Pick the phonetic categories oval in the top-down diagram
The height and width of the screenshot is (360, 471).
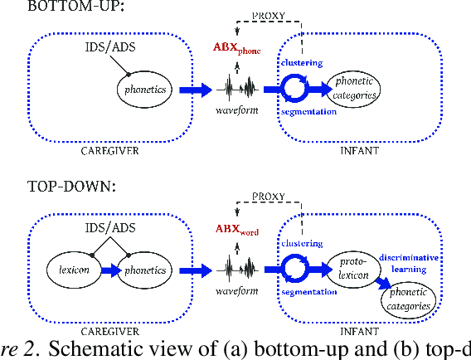point(409,299)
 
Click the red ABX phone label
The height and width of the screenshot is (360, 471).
point(236,50)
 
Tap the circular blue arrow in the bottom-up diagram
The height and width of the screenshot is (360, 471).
point(296,89)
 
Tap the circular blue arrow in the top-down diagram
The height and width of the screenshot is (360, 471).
point(296,270)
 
